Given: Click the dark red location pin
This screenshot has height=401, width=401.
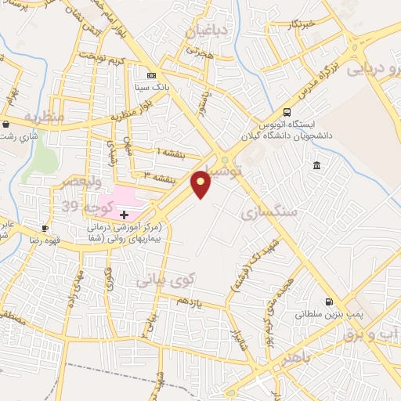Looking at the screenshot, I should (x=201, y=183).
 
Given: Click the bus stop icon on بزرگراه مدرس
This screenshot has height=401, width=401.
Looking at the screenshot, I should (x=287, y=111).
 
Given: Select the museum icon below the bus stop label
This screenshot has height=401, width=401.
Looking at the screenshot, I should (x=316, y=165).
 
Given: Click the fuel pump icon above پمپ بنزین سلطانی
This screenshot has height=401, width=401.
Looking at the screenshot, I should (x=328, y=302).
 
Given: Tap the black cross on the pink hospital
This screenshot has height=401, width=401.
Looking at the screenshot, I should (x=124, y=214).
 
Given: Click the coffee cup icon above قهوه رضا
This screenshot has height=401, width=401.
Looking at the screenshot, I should (x=45, y=228).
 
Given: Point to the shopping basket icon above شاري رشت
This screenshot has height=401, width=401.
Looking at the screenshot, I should (x=6, y=124).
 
